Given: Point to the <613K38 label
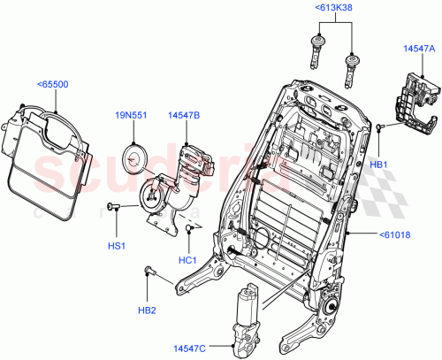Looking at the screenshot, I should (x=332, y=8).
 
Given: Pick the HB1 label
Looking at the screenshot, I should (x=378, y=165).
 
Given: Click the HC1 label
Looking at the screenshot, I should (x=187, y=258).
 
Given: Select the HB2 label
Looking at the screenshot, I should (x=148, y=310).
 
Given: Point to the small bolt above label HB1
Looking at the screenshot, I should (x=378, y=130).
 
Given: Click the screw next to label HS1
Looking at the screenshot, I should (x=114, y=206).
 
